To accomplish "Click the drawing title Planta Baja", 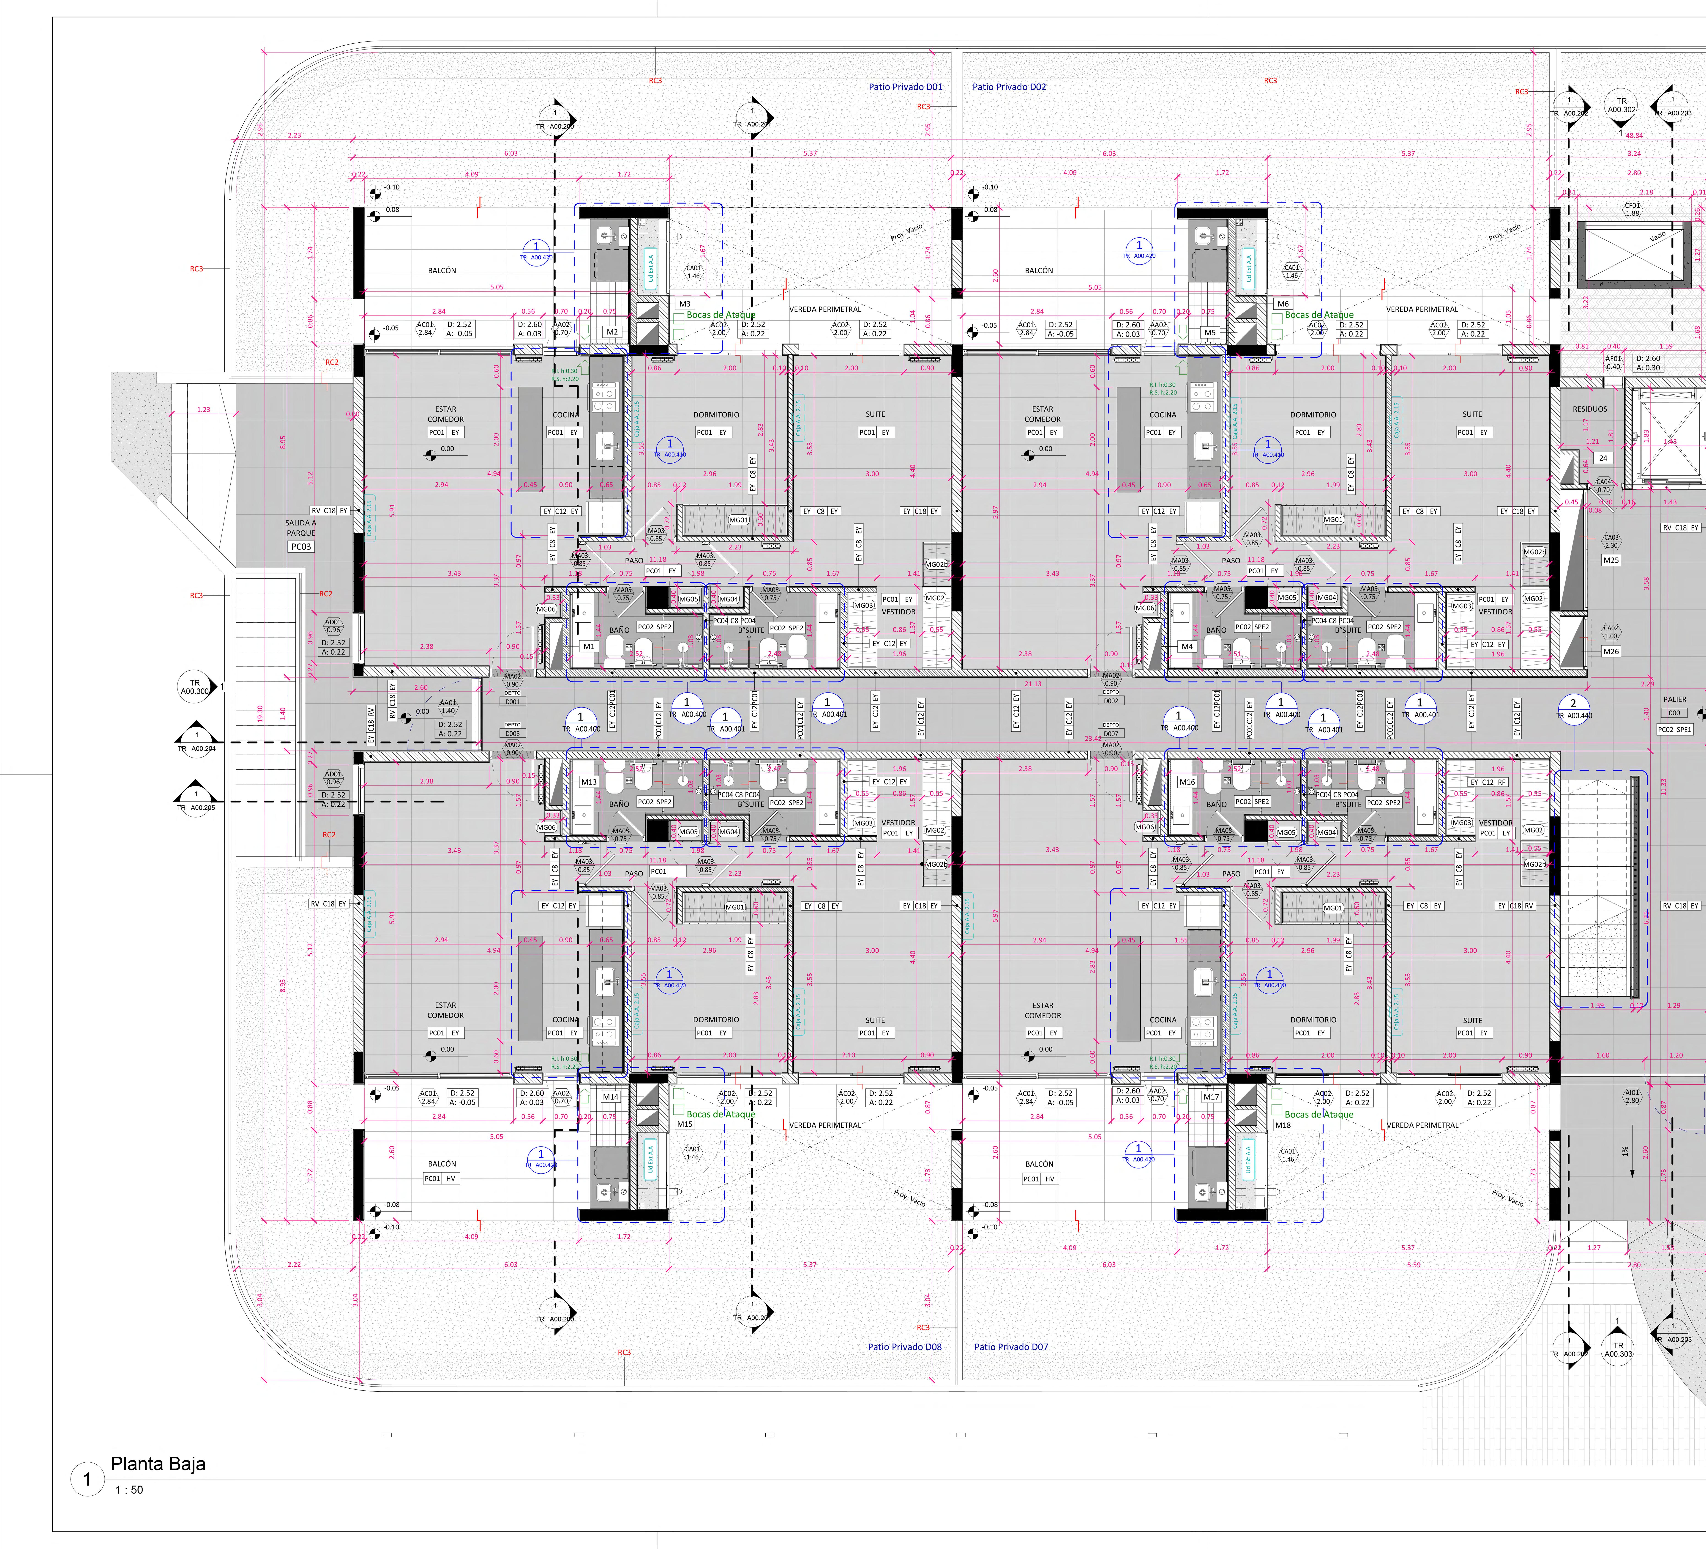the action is (x=158, y=1464).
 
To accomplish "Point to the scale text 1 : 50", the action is (x=129, y=1490).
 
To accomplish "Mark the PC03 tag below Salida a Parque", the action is (x=301, y=547).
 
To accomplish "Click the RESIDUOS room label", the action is (x=1589, y=409).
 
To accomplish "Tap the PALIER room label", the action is (x=1675, y=699).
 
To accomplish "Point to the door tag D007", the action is (x=1110, y=734).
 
